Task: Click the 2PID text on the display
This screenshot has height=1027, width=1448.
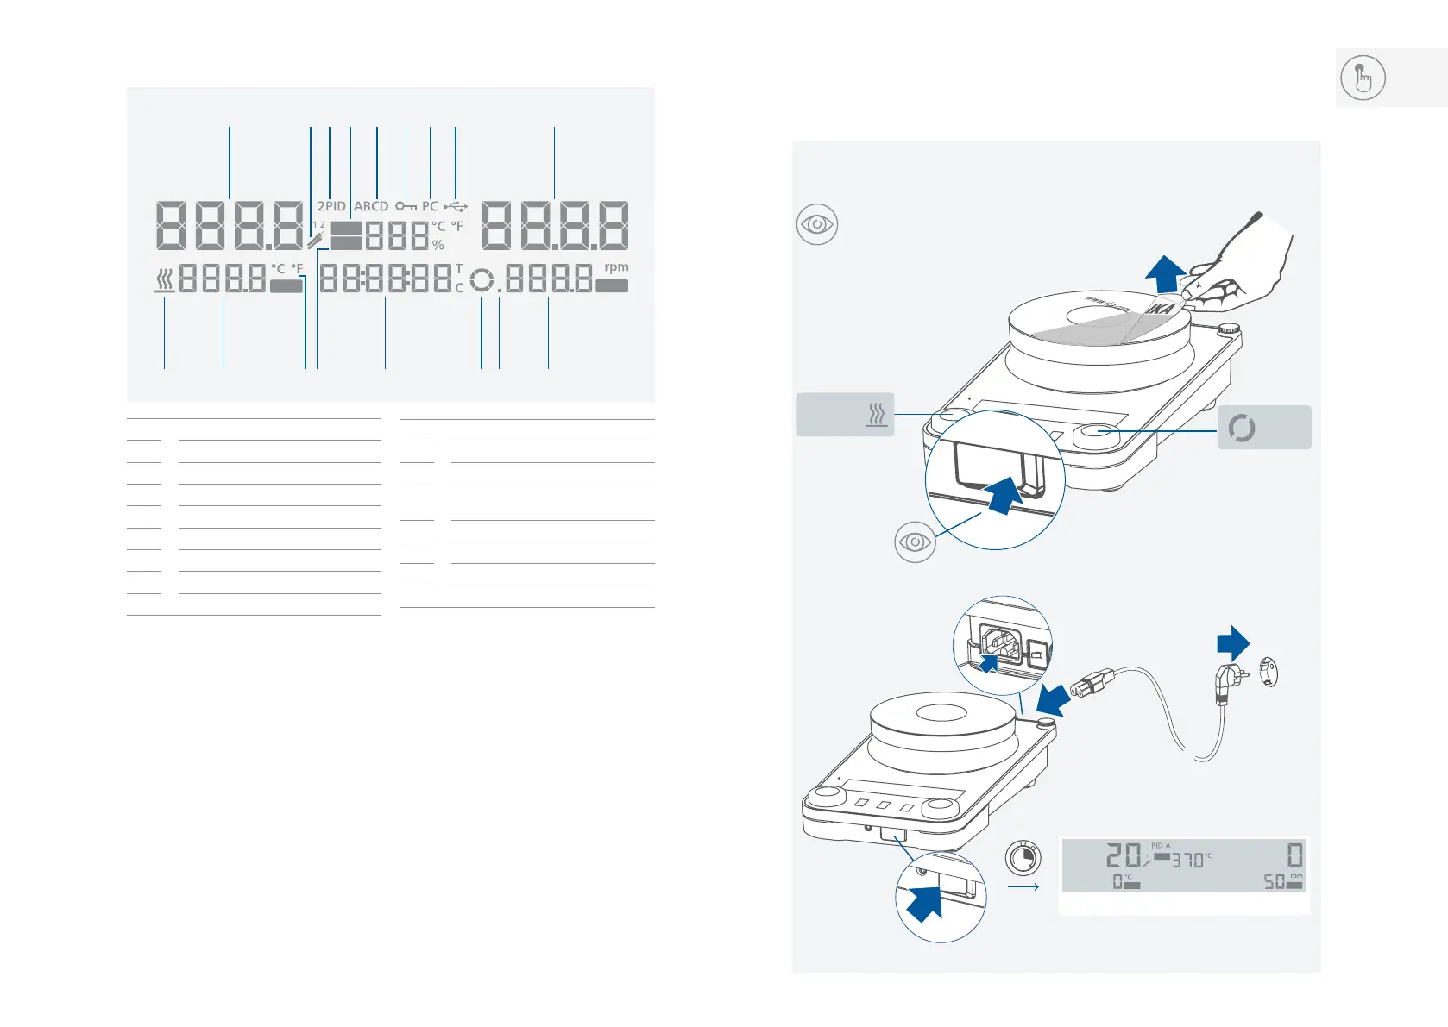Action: (x=331, y=206)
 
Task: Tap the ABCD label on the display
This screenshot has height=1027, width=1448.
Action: (x=371, y=206)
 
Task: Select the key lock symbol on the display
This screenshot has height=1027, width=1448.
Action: (x=406, y=206)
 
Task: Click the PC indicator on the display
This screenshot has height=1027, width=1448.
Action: (x=430, y=206)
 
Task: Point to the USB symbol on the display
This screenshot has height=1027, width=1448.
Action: (x=456, y=206)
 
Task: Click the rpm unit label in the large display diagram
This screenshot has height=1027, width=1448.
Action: (x=616, y=267)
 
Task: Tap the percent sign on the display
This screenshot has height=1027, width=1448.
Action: (x=438, y=245)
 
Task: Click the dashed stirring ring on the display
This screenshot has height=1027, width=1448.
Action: (x=482, y=280)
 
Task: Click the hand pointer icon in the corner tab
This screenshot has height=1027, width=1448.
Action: (x=1363, y=78)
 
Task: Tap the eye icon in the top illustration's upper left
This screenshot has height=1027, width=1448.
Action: (x=816, y=224)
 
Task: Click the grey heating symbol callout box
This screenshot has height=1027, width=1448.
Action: (x=845, y=415)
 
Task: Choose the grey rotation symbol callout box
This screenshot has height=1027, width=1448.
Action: (x=1263, y=428)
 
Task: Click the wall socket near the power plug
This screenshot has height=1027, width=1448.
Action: (x=1268, y=672)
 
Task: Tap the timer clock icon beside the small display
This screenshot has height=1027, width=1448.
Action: (x=1023, y=858)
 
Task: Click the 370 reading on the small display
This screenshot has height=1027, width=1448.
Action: (x=1187, y=860)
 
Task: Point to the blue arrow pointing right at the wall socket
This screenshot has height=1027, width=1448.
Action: (x=1233, y=643)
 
